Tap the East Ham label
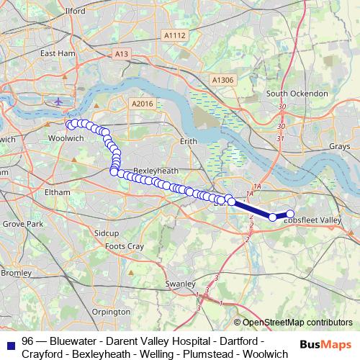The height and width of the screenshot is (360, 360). click(x=58, y=53)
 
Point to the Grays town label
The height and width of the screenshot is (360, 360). click(x=339, y=146)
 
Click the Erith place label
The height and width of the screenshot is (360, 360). click(x=188, y=142)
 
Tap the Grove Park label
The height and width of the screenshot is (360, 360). click(x=22, y=225)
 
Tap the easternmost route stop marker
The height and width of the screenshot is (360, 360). click(x=290, y=213)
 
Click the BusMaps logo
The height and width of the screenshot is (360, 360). click(x=328, y=346)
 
